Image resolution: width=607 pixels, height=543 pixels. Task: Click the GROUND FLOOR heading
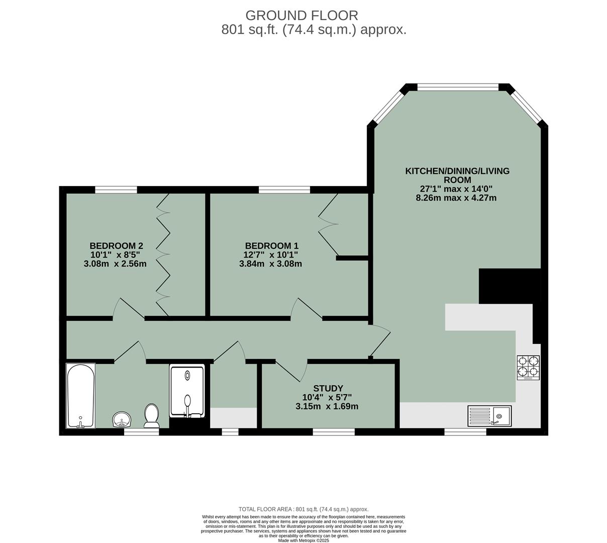click(301, 15)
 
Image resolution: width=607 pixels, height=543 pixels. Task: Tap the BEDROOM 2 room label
click(116, 246)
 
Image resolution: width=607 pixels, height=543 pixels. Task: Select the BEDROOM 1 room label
click(271, 246)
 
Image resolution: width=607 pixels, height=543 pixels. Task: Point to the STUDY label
click(328, 388)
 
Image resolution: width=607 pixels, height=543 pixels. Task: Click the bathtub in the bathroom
click(80, 396)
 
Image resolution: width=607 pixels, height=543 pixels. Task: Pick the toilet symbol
click(151, 416)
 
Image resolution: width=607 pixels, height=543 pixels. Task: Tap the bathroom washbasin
click(122, 419)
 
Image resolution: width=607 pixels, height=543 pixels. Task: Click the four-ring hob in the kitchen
click(528, 367)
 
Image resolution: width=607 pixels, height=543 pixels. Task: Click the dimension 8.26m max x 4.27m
click(456, 198)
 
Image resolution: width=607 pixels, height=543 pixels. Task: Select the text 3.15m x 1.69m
click(327, 406)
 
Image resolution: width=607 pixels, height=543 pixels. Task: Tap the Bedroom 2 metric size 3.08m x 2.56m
click(116, 263)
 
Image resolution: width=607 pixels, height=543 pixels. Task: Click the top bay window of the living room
click(458, 87)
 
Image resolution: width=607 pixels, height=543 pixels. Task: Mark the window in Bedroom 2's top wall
click(116, 190)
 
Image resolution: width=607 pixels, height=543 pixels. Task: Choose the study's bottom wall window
click(333, 431)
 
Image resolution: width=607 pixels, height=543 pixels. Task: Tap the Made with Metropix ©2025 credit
click(303, 540)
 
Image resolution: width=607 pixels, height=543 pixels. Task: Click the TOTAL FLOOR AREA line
click(303, 509)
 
